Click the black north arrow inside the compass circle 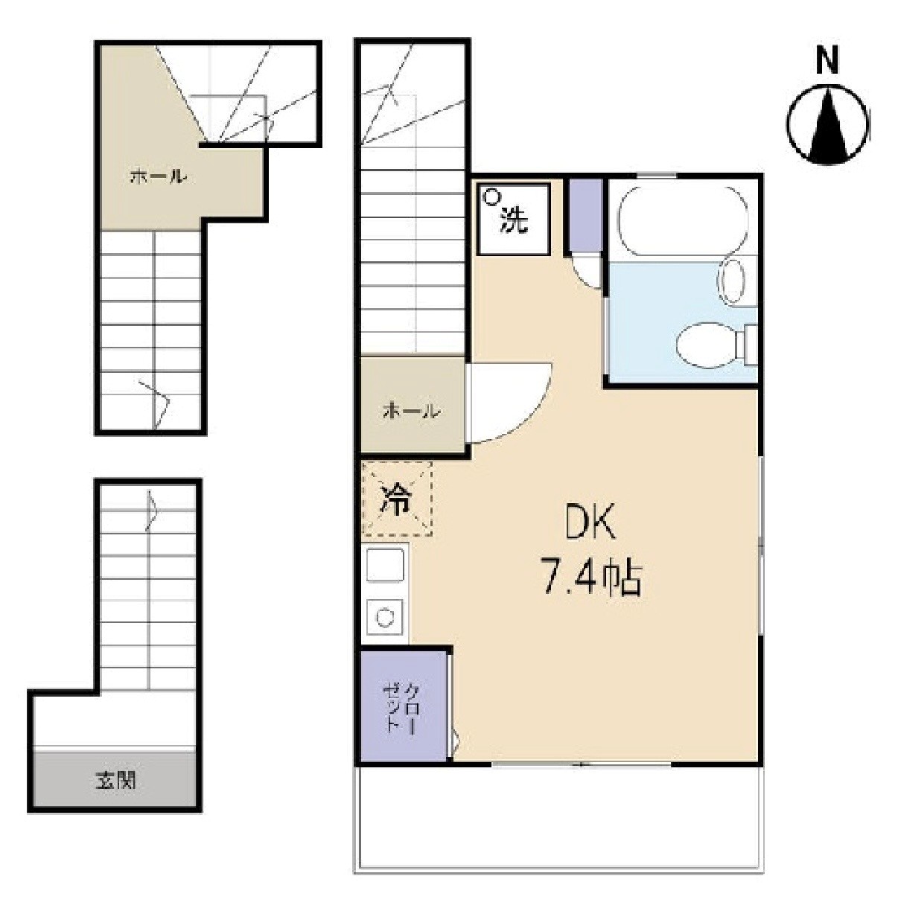(x=828, y=124)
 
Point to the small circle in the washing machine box (x=492, y=196)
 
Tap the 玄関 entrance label (x=116, y=779)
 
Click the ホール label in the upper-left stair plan (x=159, y=177)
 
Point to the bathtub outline (x=683, y=222)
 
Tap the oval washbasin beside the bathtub (x=731, y=281)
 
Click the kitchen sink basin (x=385, y=564)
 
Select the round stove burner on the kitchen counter (x=385, y=616)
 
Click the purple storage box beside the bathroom (x=586, y=215)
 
